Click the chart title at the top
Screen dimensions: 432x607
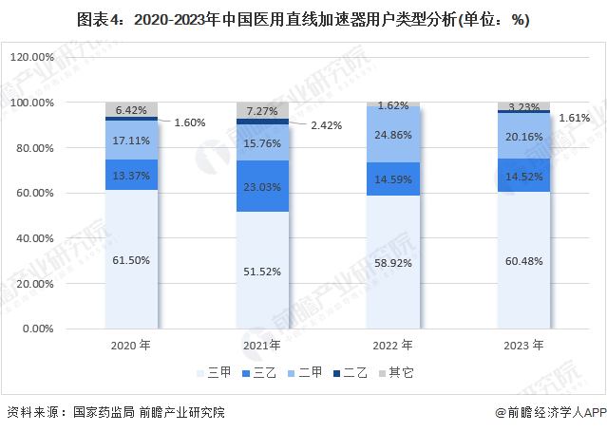click(303, 20)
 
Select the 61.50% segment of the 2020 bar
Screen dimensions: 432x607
click(130, 259)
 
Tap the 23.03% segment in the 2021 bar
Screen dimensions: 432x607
click(261, 186)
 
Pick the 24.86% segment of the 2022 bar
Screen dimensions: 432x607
click(392, 134)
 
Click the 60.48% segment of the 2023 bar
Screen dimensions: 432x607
click(523, 261)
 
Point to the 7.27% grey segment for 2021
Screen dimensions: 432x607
click(261, 110)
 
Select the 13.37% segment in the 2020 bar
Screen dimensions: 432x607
click(130, 175)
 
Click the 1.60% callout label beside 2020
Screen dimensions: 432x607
click(189, 122)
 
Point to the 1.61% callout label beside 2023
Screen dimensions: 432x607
click(575, 119)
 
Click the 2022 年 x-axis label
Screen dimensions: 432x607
click(392, 346)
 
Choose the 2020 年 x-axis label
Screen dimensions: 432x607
click(130, 346)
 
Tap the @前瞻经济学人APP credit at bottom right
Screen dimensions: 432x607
click(549, 412)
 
